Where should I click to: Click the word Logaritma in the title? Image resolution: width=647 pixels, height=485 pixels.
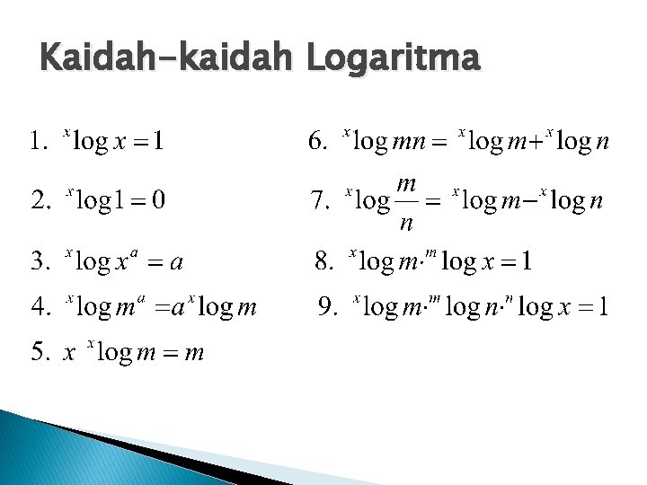coord(393,61)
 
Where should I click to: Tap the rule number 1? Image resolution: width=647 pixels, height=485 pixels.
coord(35,141)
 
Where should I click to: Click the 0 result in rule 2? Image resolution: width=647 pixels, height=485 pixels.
coord(157,198)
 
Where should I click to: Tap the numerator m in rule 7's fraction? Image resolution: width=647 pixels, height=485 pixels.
coord(406,185)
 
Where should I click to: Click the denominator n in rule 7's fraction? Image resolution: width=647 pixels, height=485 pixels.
coord(406,221)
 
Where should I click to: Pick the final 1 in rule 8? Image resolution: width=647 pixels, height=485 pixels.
coord(526,262)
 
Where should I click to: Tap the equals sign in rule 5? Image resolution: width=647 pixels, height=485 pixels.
coord(169,353)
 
